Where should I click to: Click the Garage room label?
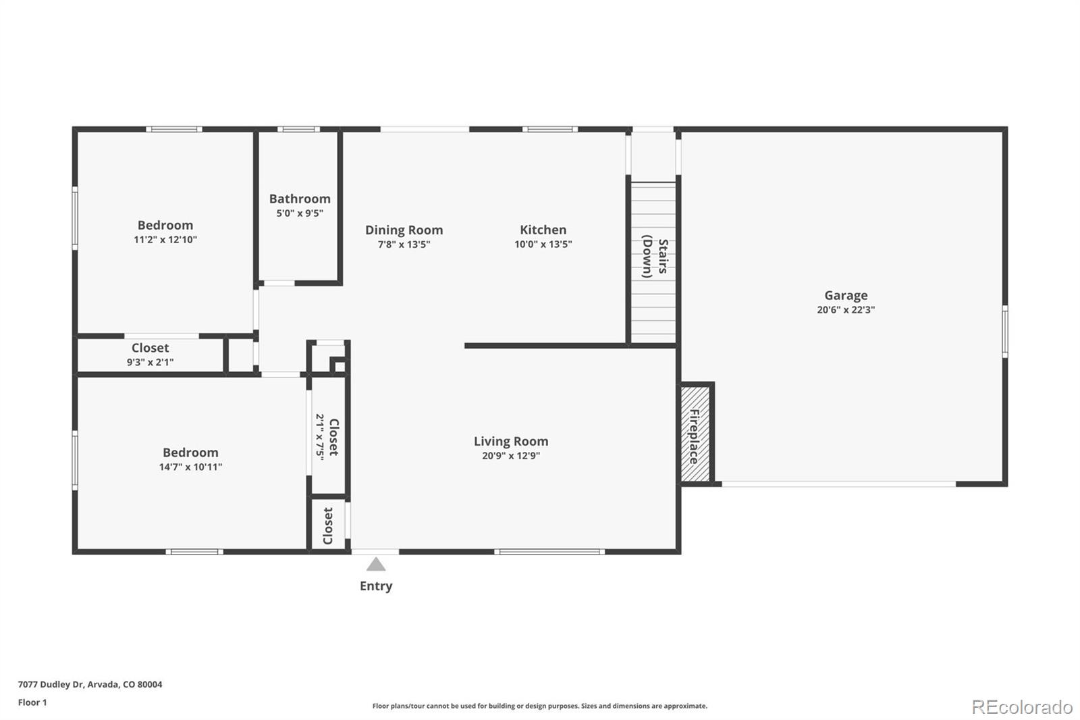pyautogui.click(x=845, y=295)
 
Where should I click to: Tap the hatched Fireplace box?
pyautogui.click(x=695, y=434)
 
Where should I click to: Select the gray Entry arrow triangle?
pyautogui.click(x=376, y=565)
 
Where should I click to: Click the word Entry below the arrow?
pyautogui.click(x=376, y=586)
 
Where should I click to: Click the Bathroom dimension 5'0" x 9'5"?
pyautogui.click(x=300, y=213)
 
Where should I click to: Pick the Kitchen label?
pyautogui.click(x=543, y=230)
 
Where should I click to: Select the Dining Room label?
pyautogui.click(x=404, y=230)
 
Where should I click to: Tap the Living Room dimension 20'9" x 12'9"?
pyautogui.click(x=510, y=456)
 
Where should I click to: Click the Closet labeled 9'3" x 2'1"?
pyautogui.click(x=150, y=354)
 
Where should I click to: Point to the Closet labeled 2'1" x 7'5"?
pyautogui.click(x=328, y=436)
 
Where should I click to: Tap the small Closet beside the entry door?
pyautogui.click(x=328, y=525)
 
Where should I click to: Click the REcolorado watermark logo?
pyautogui.click(x=1021, y=706)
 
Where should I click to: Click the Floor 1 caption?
pyautogui.click(x=32, y=702)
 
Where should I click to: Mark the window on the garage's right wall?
pyautogui.click(x=1004, y=331)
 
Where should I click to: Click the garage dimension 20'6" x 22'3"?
pyautogui.click(x=845, y=310)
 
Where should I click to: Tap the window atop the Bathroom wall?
pyautogui.click(x=298, y=129)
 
